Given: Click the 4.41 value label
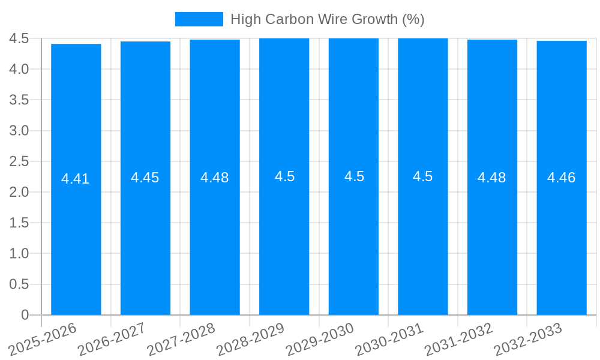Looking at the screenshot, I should point(76,179).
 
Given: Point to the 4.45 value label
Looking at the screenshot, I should point(145,178).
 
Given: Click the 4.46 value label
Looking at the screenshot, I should point(561,178).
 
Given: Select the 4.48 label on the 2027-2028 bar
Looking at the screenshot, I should point(214,178).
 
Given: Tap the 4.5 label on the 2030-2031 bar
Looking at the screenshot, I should point(422,176).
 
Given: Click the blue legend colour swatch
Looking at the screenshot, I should point(199,19).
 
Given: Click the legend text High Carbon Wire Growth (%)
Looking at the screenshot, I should point(327,19).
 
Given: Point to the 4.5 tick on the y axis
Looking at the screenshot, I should point(19,38).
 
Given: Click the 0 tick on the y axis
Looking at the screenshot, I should point(25,315).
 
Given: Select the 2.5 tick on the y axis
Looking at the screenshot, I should point(19,161).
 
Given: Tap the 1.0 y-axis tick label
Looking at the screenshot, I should point(19,253).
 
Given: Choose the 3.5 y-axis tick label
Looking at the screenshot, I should point(19,100).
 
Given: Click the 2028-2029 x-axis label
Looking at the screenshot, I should point(250,339).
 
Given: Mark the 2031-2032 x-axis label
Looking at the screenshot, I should point(458,339).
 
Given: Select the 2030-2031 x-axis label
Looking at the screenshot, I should point(389,339).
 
